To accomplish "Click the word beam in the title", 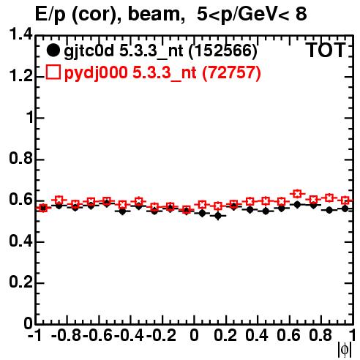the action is point(154,14).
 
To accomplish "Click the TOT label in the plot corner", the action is point(326,50).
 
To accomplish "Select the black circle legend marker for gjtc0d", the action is point(53,50).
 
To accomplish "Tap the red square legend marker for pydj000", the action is point(53,72).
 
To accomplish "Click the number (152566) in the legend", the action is point(223,50).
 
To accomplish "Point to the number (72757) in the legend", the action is point(231,72).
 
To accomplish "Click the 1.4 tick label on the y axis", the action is point(21,34).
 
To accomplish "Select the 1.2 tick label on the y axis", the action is point(21,76).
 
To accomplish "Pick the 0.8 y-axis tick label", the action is point(21,158).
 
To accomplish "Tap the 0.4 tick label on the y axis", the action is point(21,241).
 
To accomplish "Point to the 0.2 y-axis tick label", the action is point(21,282).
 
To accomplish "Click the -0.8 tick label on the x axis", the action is point(66,335).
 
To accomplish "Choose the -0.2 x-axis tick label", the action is point(161,335).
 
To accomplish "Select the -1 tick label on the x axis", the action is point(34,335).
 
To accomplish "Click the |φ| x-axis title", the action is point(345,350).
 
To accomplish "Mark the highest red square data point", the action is point(297,194).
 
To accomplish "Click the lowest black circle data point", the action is point(218,216).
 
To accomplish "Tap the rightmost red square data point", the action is point(345,200).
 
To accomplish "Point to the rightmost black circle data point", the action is point(345,209).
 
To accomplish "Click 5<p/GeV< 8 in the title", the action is point(252,14).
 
